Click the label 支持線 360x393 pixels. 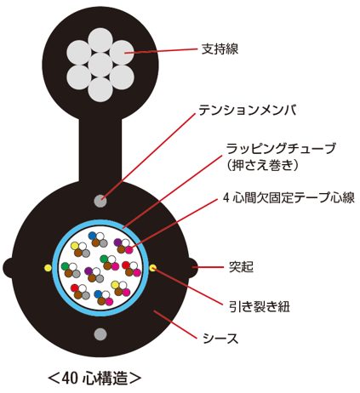(x=220, y=49)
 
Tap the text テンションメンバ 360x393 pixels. (x=248, y=110)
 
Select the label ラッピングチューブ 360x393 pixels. (x=281, y=149)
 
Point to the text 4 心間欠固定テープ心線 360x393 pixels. (x=289, y=197)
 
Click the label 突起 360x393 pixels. (x=241, y=267)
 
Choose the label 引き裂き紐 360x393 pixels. (x=260, y=306)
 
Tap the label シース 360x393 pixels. (x=220, y=338)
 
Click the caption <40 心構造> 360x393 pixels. (x=94, y=378)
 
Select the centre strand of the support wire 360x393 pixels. (x=99, y=65)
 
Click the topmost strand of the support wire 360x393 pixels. (x=99, y=40)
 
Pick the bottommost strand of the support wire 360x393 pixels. (x=99, y=89)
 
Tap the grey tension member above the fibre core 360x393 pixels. (x=100, y=201)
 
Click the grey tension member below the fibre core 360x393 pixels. (x=100, y=334)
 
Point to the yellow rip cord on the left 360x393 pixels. (x=48, y=268)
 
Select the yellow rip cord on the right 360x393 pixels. (x=153, y=268)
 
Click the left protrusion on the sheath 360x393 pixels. (x=8, y=268)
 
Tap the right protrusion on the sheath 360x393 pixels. (x=193, y=268)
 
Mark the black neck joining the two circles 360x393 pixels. (x=100, y=151)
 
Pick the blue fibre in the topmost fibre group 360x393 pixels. (x=93, y=236)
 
